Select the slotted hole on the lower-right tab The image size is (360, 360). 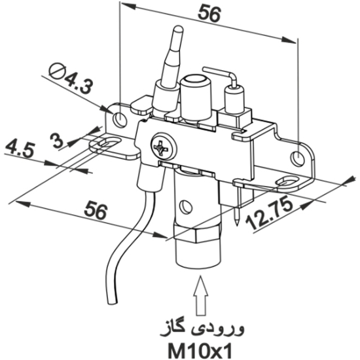[285, 180]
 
